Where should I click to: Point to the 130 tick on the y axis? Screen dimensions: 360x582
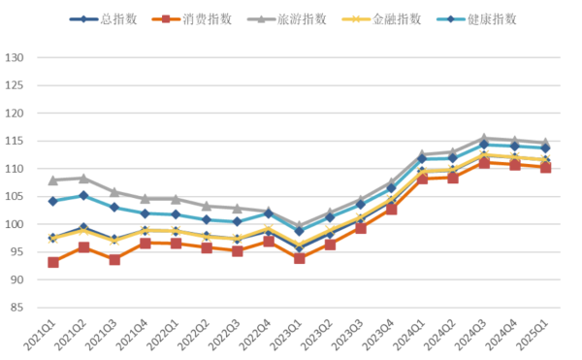coord(16,57)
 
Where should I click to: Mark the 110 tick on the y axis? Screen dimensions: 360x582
coord(16,169)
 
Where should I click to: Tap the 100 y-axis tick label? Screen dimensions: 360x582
coord(16,224)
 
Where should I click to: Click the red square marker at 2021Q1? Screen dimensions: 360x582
coord(53,262)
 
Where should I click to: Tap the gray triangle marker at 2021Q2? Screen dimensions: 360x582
coord(84,178)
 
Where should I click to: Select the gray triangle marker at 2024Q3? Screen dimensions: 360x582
coord(484,139)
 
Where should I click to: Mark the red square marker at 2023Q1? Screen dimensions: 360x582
coord(299,258)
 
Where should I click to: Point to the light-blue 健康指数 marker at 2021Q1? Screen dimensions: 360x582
coord(53,201)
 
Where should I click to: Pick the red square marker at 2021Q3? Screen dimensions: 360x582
coord(114,259)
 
